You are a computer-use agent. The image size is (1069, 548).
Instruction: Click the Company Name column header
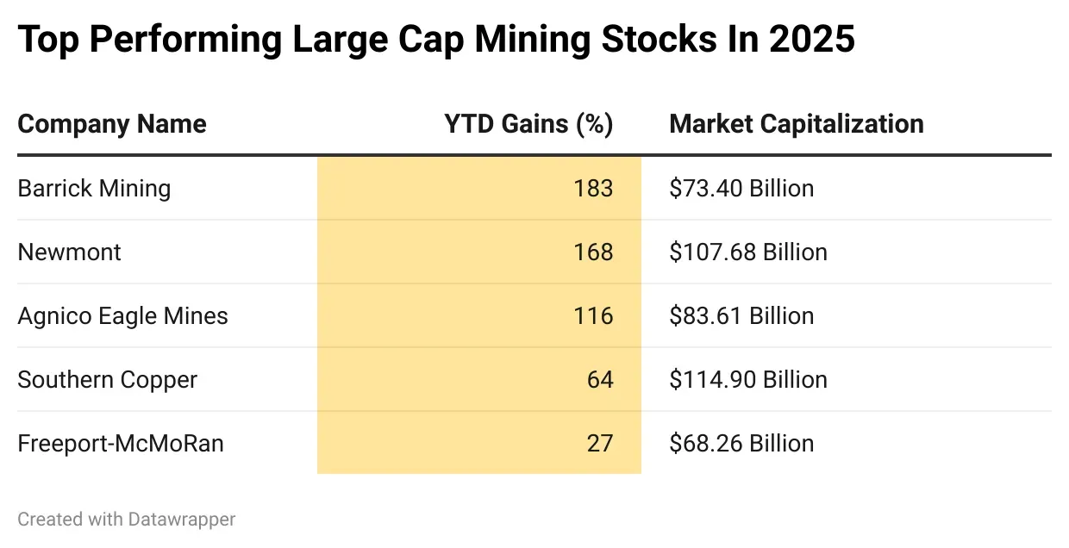(x=112, y=124)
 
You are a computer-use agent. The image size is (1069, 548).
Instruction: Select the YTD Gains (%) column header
(x=528, y=124)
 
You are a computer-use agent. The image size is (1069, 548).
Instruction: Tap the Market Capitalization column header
(x=796, y=124)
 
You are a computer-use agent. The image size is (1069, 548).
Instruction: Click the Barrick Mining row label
(x=94, y=189)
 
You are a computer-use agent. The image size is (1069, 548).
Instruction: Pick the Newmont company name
(x=69, y=252)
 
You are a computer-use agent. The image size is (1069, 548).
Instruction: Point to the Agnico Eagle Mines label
(x=122, y=316)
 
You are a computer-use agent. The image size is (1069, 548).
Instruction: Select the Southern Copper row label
(x=107, y=380)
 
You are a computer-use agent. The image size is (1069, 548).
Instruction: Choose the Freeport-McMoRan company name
(x=121, y=444)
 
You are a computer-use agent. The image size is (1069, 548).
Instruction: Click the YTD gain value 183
(x=593, y=189)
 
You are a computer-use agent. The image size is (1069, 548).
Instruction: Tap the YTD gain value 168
(x=593, y=252)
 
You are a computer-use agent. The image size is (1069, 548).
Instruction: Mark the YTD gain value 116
(x=593, y=316)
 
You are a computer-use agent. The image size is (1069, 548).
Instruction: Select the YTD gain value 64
(x=599, y=380)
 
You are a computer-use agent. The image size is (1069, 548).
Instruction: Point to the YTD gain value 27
(x=599, y=444)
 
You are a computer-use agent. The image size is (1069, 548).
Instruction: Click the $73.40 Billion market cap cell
(x=741, y=189)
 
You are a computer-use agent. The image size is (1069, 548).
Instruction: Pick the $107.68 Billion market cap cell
(x=747, y=252)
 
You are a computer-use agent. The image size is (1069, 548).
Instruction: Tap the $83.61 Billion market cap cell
(x=741, y=316)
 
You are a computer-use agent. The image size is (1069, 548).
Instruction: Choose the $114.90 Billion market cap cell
(x=747, y=380)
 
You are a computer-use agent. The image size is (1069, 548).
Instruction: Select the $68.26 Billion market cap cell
(x=741, y=444)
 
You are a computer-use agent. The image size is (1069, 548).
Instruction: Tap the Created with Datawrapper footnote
(x=126, y=520)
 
